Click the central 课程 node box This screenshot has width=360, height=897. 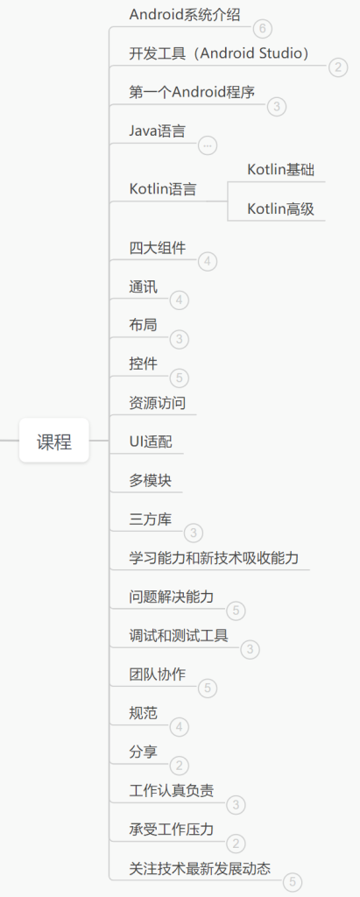tap(54, 441)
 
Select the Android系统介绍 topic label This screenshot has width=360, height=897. tap(185, 14)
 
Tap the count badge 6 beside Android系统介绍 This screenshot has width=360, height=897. tap(263, 29)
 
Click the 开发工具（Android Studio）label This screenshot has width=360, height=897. tap(220, 53)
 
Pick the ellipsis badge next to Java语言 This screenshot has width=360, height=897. tap(208, 146)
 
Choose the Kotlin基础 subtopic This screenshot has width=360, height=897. tap(281, 169)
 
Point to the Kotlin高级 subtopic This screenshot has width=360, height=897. tap(281, 208)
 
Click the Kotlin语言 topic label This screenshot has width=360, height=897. tap(163, 189)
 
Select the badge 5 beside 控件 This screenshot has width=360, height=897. tap(180, 378)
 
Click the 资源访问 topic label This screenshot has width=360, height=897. tap(158, 403)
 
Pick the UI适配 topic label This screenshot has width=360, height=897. tap(151, 441)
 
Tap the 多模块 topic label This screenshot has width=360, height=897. tap(151, 481)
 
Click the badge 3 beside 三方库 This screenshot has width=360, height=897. tap(194, 533)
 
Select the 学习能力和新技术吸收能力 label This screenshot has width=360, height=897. tap(214, 558)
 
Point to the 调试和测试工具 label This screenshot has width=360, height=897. tap(179, 636)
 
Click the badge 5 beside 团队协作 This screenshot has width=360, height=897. tap(208, 689)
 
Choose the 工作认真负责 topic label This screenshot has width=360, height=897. tap(172, 791)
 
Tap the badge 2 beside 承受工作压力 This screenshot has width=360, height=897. tap(236, 844)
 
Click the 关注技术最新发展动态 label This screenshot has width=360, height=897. tap(200, 868)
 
